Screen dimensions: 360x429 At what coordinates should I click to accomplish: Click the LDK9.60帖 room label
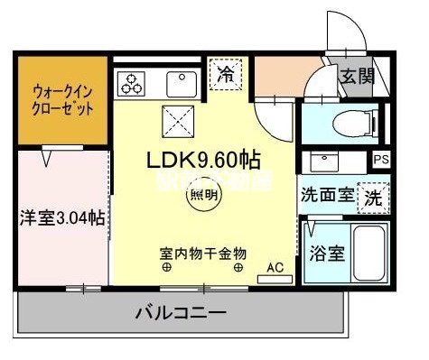204,161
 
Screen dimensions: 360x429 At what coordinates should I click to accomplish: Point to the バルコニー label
181,314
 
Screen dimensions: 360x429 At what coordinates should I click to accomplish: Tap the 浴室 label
326,253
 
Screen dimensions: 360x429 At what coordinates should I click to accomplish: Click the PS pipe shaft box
382,161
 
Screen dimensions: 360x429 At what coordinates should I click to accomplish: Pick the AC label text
275,267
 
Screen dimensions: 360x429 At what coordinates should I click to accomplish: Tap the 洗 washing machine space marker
372,197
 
